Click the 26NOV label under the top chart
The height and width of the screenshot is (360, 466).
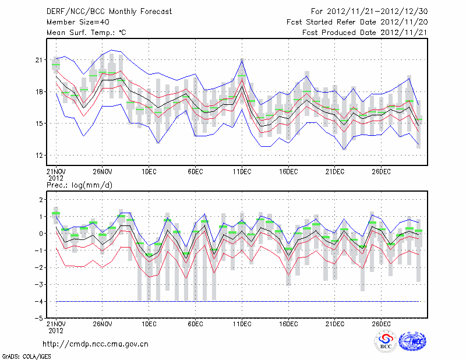pyautogui.click(x=102, y=171)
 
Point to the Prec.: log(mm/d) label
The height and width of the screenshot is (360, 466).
pyautogui.click(x=80, y=185)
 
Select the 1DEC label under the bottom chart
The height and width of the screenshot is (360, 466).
pyautogui.click(x=149, y=323)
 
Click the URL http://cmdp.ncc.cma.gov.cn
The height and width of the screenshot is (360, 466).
pyautogui.click(x=96, y=344)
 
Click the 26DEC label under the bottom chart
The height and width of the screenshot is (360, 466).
pyautogui.click(x=382, y=323)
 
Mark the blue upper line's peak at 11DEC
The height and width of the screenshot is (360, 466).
pyautogui.click(x=242, y=59)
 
